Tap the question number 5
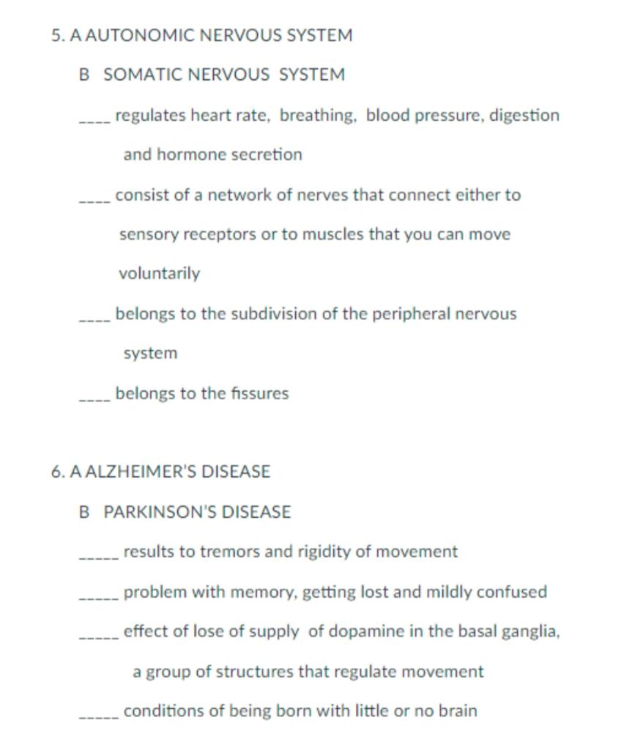click(x=57, y=35)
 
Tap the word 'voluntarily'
click(x=159, y=274)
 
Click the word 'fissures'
click(x=260, y=393)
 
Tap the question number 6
click(x=57, y=472)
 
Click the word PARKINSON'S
click(x=160, y=512)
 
